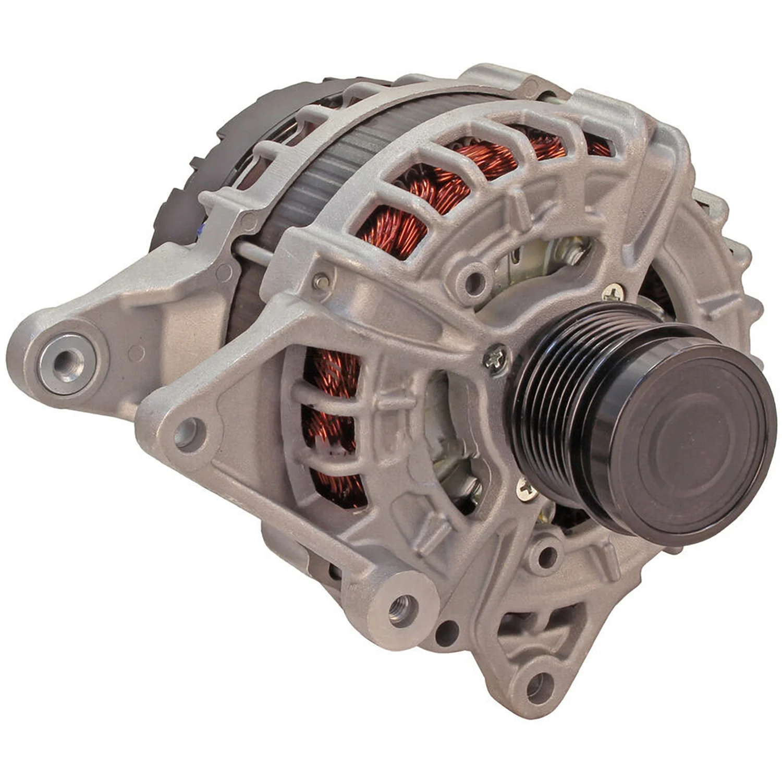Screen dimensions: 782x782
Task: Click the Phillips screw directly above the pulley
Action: point(613,294)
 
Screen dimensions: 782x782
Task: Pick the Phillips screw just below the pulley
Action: point(528,488)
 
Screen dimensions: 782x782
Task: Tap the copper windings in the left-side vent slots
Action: point(331,417)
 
